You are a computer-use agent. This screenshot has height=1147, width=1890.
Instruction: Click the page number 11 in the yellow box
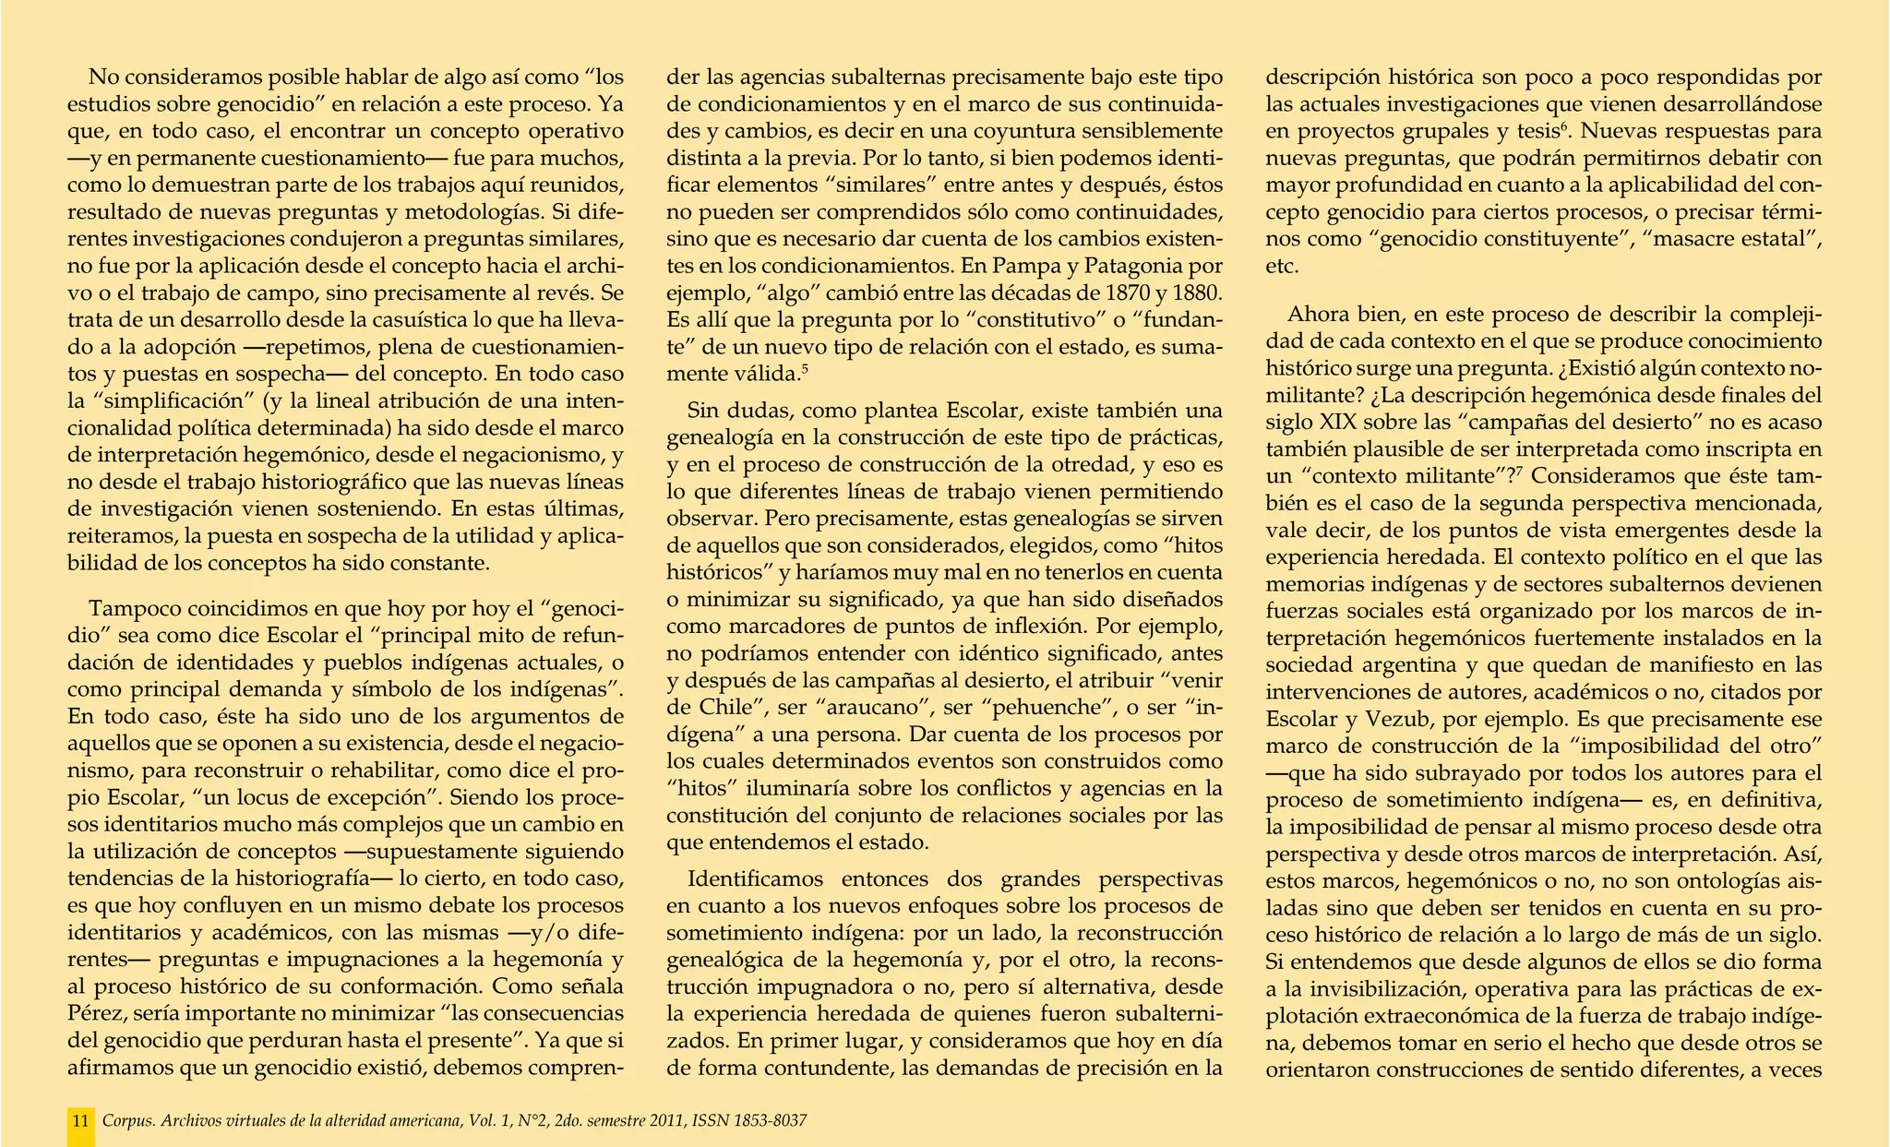[81, 1121]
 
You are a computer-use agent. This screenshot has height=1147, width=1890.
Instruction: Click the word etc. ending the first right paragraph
[1282, 268]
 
